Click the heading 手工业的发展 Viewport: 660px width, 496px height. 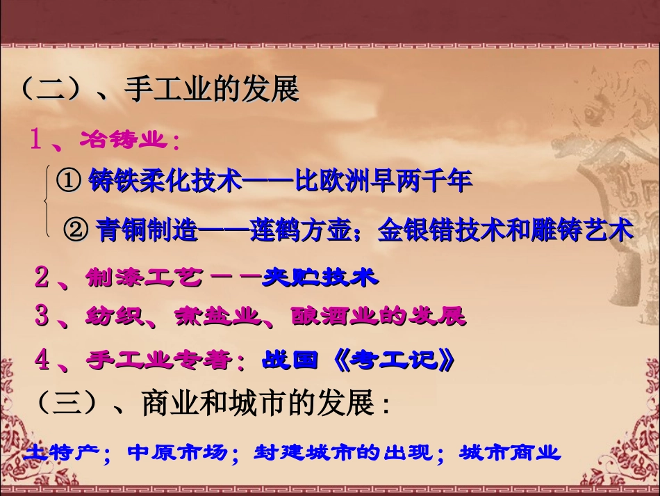point(212,90)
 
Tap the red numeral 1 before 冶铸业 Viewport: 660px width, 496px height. point(37,141)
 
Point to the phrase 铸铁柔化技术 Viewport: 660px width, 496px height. point(165,182)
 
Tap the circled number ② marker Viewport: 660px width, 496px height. point(76,230)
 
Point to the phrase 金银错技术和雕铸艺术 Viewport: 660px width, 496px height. point(505,230)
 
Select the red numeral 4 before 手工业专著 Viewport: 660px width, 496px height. point(42,360)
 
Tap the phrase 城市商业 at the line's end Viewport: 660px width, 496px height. point(509,454)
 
